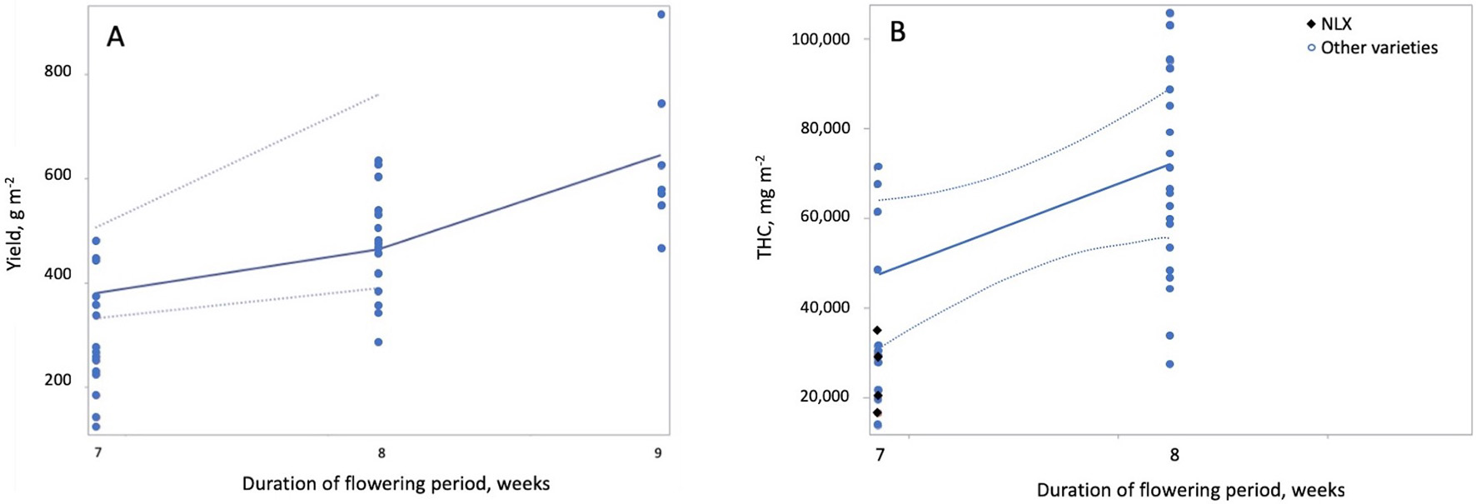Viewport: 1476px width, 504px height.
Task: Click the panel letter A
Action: pos(115,37)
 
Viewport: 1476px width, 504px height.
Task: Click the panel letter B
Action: pos(898,32)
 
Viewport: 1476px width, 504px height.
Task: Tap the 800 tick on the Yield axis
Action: pos(57,72)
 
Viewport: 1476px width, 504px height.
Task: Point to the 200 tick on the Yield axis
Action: pos(57,380)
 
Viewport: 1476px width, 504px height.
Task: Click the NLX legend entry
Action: pos(1335,24)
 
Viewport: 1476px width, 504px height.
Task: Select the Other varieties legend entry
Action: pos(1379,47)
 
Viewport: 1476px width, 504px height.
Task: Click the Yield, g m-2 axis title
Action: pos(14,223)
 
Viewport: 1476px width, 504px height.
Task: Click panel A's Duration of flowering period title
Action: pos(396,483)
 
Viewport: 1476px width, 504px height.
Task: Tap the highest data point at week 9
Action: pos(661,14)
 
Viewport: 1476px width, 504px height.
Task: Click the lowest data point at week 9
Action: pos(661,248)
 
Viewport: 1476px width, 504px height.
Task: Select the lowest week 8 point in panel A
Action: pos(378,342)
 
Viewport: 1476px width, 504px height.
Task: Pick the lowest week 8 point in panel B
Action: pos(1169,364)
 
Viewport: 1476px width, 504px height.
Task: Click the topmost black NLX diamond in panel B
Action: pos(877,331)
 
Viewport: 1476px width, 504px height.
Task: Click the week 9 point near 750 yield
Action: pos(661,103)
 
